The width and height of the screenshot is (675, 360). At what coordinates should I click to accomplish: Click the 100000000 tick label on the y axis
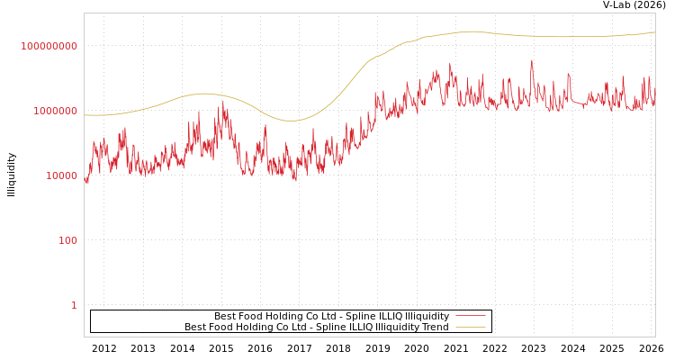[49, 46]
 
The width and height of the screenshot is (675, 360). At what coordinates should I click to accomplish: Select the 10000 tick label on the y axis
[61, 175]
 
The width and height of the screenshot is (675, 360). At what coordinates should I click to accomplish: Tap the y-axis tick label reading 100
[67, 240]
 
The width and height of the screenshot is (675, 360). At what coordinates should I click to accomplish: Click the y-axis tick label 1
[74, 305]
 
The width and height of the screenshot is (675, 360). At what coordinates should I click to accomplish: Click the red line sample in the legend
[471, 316]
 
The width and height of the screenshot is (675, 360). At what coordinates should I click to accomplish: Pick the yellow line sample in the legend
[471, 327]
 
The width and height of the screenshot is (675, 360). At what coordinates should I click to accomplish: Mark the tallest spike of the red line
[531, 61]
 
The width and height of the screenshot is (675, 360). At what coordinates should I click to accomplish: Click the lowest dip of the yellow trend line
[292, 121]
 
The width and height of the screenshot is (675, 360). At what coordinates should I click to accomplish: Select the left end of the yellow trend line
[85, 114]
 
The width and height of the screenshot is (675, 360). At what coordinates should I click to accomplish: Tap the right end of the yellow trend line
[655, 32]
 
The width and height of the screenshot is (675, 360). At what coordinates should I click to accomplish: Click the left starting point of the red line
[85, 181]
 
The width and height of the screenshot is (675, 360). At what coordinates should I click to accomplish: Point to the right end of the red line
[655, 103]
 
